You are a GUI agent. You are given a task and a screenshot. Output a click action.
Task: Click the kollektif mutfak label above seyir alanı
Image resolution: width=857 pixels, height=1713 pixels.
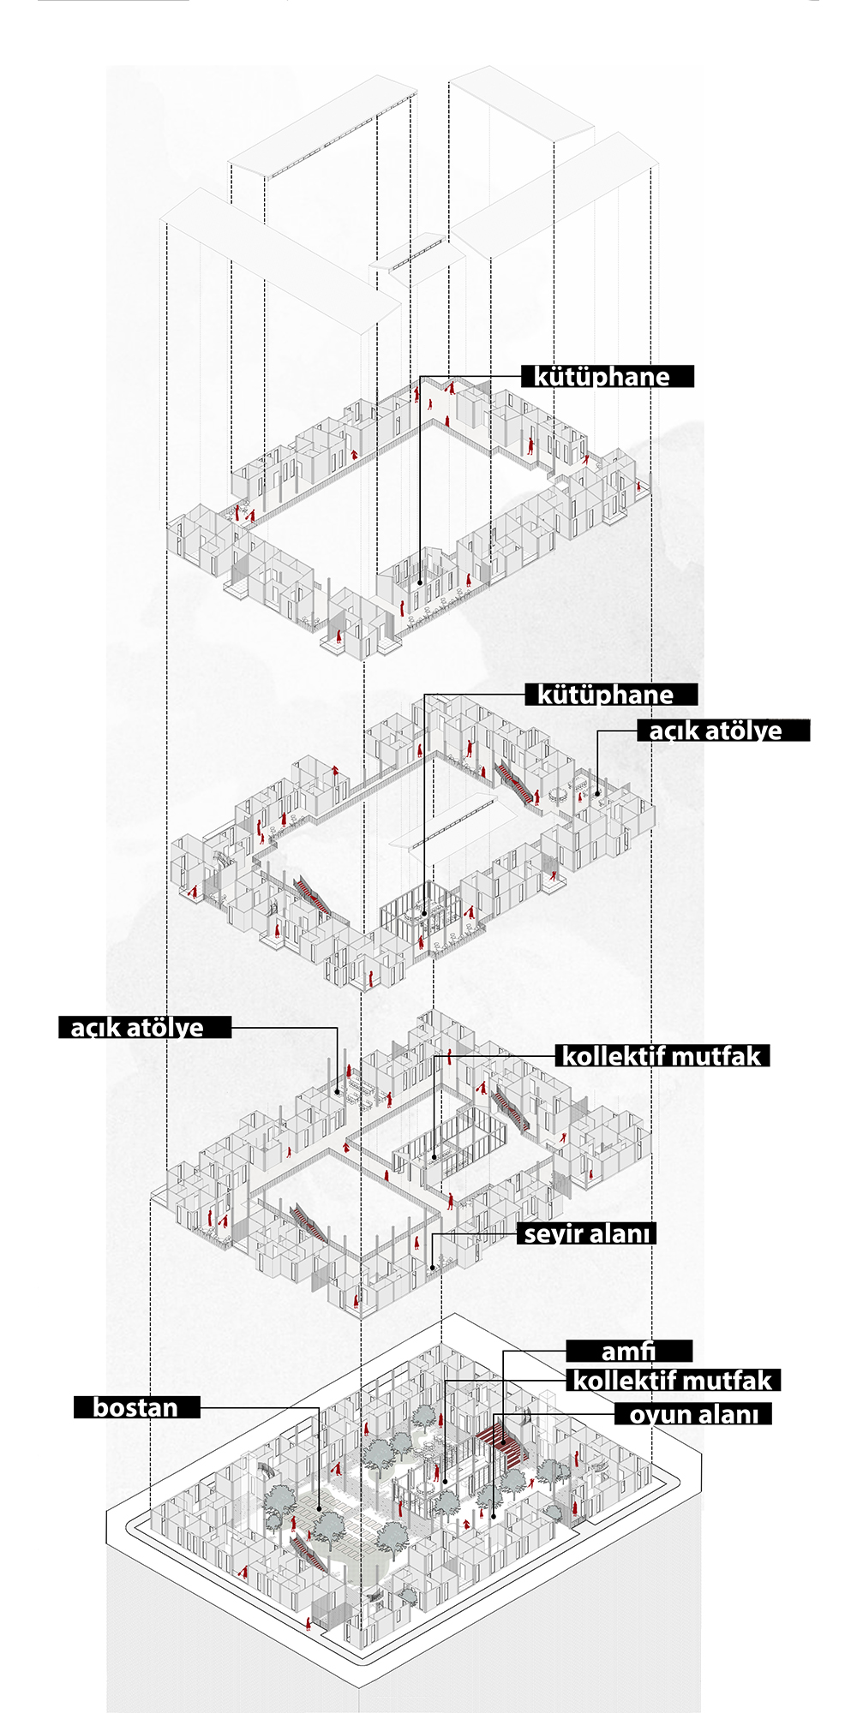[662, 1056]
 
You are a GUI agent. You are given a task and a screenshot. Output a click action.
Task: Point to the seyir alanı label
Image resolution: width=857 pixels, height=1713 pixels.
[587, 1234]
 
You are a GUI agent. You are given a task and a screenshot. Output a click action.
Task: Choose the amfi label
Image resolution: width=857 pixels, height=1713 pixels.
[629, 1352]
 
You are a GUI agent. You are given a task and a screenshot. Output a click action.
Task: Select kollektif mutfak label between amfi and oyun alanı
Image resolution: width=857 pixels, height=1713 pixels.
[674, 1381]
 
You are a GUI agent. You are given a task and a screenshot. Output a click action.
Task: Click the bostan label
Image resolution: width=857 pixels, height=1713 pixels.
[136, 1408]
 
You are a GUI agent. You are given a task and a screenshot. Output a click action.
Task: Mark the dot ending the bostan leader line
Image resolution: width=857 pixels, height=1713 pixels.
[319, 1509]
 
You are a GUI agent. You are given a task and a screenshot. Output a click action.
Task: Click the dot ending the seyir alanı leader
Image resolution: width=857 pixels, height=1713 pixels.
[432, 1268]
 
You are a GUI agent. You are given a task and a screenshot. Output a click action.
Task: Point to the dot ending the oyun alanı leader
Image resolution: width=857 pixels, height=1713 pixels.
[494, 1517]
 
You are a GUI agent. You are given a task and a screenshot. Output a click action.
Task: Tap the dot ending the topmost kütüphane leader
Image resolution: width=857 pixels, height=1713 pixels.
[420, 583]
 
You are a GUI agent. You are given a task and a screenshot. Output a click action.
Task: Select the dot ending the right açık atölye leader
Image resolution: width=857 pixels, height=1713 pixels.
[597, 794]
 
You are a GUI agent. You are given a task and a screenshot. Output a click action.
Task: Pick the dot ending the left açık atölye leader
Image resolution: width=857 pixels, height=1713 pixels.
[338, 1091]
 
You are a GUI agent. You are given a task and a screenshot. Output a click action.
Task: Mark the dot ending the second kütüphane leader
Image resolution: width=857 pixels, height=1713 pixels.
[424, 914]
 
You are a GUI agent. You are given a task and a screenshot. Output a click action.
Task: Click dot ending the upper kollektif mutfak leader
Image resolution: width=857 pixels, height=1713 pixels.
[434, 1157]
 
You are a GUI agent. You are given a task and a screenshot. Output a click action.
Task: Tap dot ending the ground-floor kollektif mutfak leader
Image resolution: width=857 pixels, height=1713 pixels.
[445, 1481]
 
